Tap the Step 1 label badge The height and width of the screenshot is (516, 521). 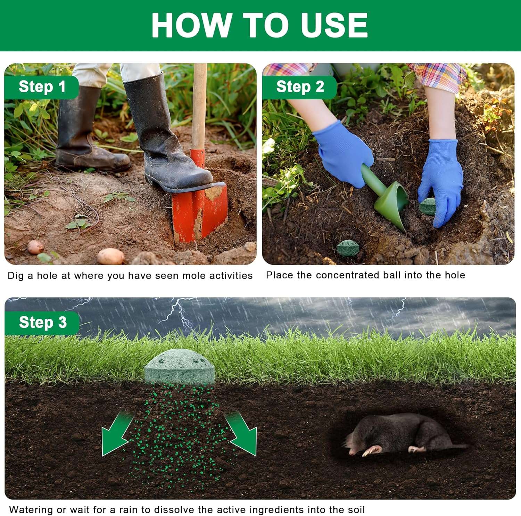(x=42, y=87)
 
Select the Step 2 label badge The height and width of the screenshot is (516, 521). (x=300, y=87)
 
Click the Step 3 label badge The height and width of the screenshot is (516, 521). (x=42, y=323)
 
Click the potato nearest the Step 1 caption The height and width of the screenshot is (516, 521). (x=110, y=257)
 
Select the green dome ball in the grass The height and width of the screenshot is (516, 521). (x=180, y=366)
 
